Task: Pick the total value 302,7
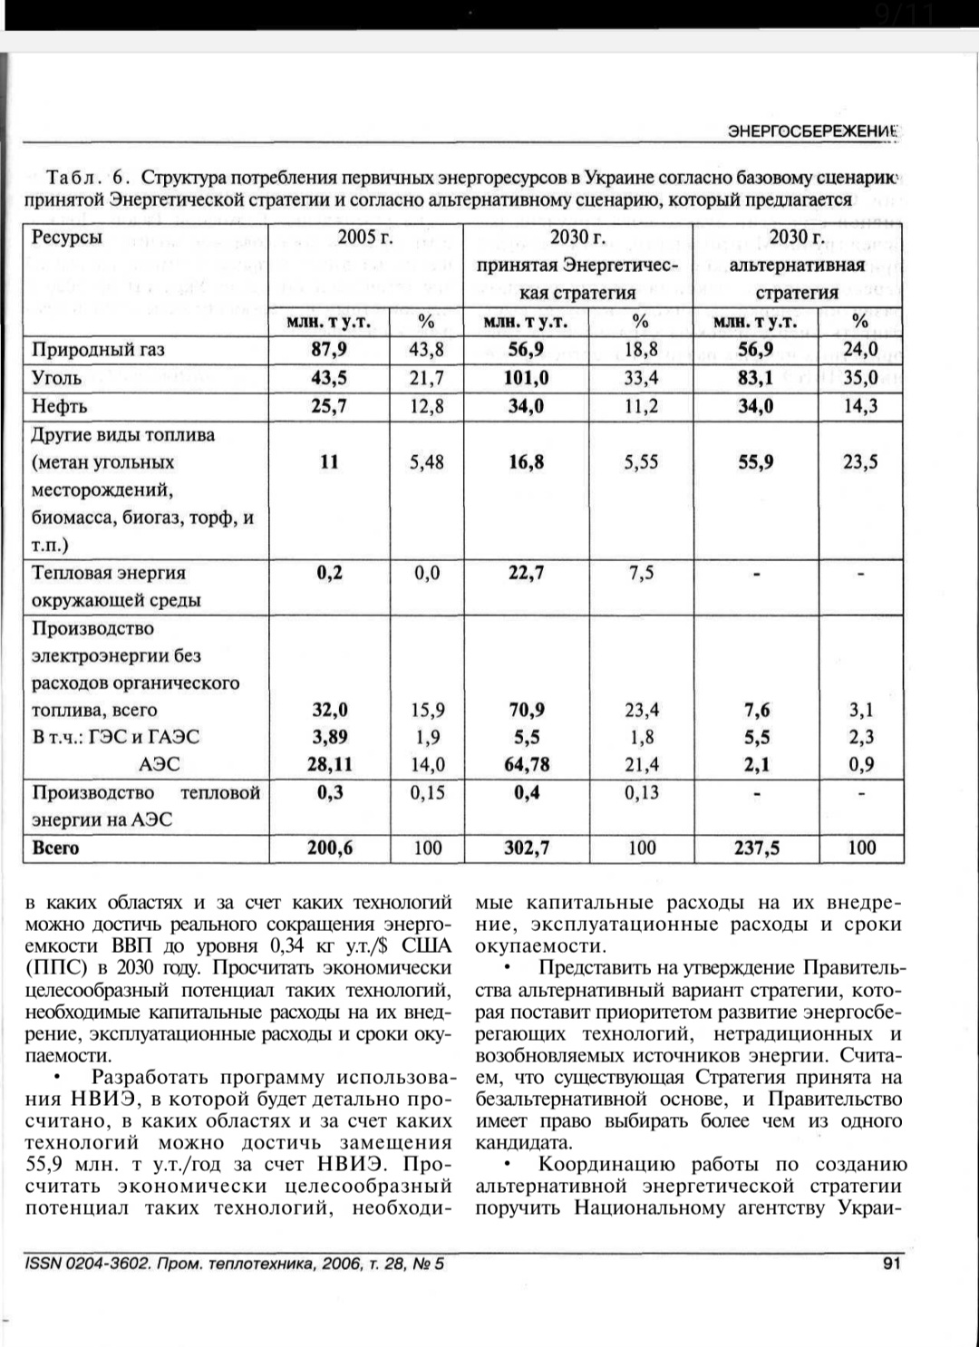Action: (526, 848)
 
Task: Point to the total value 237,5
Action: (756, 848)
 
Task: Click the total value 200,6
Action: (329, 848)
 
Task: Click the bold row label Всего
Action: (55, 848)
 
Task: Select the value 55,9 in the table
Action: (756, 462)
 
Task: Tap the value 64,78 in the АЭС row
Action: (526, 765)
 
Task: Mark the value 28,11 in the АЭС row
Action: (329, 765)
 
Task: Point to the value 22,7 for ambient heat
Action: (526, 573)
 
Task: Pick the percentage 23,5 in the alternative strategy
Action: (860, 462)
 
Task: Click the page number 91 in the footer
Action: (891, 1263)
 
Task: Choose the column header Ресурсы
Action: (67, 238)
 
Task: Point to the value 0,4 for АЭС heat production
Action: (526, 793)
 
